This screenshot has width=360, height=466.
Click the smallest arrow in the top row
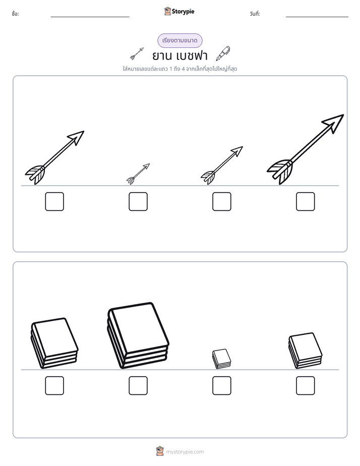coord(138,174)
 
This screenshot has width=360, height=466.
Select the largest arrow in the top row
coord(306,149)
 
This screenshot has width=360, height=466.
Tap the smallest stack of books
coord(221,359)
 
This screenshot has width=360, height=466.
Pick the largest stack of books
coord(138,335)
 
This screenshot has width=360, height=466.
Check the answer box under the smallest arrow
coord(138,202)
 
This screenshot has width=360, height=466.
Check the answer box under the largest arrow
coord(306,202)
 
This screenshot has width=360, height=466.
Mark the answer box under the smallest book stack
coord(221,385)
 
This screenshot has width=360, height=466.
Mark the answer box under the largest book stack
coord(138,385)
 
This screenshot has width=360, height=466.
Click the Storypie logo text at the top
coord(183,12)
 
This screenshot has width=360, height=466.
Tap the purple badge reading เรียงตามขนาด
coord(179,40)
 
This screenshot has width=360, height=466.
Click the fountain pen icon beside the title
coord(223,53)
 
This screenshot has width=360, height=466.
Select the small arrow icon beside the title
coord(137,54)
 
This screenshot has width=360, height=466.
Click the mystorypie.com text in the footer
coord(185,452)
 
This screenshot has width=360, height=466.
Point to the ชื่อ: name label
coord(15,14)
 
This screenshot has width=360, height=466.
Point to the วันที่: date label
coord(255,14)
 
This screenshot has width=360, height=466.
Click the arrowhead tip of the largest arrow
coord(344,114)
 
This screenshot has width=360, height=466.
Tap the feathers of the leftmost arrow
coord(35,174)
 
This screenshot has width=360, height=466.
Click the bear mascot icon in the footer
coord(160,451)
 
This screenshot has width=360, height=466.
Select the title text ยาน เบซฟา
coord(179,55)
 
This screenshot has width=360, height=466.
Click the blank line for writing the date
coord(317,17)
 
